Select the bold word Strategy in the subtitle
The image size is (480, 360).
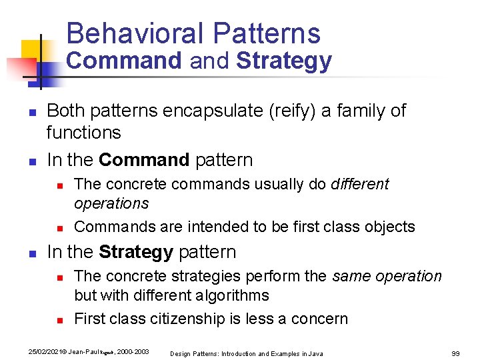[283, 61]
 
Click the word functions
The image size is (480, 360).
[83, 133]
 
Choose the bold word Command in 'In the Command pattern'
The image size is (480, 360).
[144, 160]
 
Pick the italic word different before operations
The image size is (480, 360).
[359, 184]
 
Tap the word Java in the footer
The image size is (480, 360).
[315, 353]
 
